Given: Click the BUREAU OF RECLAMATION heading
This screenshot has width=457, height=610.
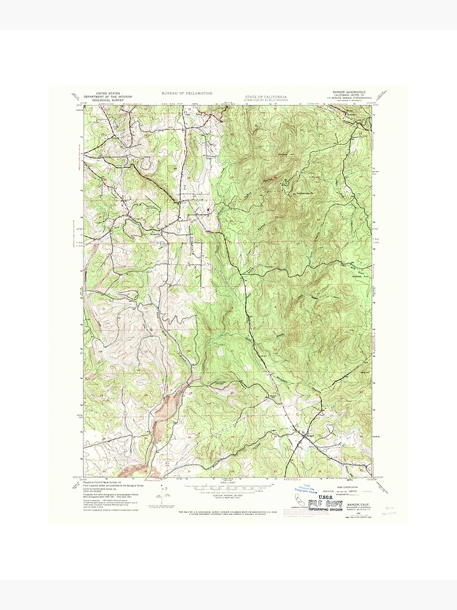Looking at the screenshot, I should pyautogui.click(x=186, y=93).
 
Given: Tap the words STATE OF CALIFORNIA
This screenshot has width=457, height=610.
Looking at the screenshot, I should pyautogui.click(x=265, y=96).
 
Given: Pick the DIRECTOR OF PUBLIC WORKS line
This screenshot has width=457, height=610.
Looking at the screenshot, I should pyautogui.click(x=265, y=99).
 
